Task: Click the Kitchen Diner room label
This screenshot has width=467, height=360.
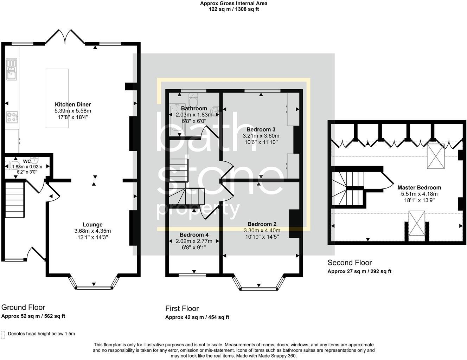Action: pyautogui.click(x=73, y=105)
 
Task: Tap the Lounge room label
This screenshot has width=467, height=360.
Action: pyautogui.click(x=92, y=225)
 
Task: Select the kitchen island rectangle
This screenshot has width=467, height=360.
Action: pyautogui.click(x=57, y=98)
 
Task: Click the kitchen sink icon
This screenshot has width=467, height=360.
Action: pyautogui.click(x=11, y=70)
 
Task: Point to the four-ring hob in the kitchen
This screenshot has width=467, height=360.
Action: pyautogui.click(x=12, y=117)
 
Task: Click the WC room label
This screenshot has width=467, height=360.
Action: pyautogui.click(x=27, y=161)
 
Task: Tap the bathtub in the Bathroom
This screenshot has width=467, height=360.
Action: pyautogui.click(x=177, y=120)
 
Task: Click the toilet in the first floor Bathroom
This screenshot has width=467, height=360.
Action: pyautogui.click(x=193, y=99)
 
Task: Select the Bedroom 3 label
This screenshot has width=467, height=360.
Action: pyautogui.click(x=261, y=129)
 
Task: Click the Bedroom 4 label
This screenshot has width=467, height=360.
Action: pyautogui.click(x=194, y=235)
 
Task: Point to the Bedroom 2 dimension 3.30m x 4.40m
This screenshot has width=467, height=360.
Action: pyautogui.click(x=262, y=231)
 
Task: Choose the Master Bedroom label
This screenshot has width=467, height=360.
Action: pyautogui.click(x=419, y=187)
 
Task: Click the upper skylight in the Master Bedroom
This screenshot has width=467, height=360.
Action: pyautogui.click(x=436, y=156)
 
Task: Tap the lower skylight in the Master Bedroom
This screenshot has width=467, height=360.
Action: pyautogui.click(x=417, y=223)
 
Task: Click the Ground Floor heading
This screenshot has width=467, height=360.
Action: pyautogui.click(x=23, y=307)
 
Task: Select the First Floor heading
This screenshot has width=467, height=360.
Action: pyautogui.click(x=182, y=308)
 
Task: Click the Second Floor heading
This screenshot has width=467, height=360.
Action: pyautogui.click(x=350, y=263)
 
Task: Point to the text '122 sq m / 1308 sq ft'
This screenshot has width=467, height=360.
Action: pyautogui.click(x=234, y=9)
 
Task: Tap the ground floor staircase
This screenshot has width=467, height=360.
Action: pyautogui.click(x=14, y=200)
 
